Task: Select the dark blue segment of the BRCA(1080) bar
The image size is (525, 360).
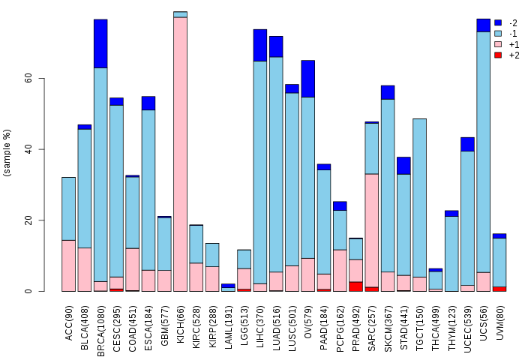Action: pos(100,43)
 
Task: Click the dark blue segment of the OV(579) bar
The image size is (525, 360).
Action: pos(307,79)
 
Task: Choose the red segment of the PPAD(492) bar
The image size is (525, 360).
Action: pos(356,286)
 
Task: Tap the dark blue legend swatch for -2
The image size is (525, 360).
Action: pos(498,22)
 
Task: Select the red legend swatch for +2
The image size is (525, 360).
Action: pos(498,55)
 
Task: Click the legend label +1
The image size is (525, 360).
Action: pos(514,44)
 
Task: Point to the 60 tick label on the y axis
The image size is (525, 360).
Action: pos(28,78)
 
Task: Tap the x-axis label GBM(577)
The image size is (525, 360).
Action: pos(166,320)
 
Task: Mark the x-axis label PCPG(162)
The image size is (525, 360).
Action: pos(340,321)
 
